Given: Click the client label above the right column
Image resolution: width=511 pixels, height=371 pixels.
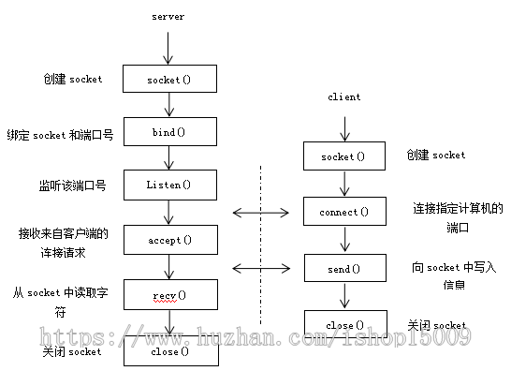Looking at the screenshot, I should click(344, 96).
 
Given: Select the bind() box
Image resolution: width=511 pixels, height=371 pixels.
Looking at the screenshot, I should click(169, 132).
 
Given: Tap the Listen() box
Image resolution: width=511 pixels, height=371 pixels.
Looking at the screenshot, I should click(169, 185).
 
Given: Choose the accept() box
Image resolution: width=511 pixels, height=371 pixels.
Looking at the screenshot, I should click(169, 240).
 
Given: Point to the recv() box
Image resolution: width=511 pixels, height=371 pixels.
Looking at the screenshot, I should click(169, 296).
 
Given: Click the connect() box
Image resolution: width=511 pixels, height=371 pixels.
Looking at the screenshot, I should click(344, 212).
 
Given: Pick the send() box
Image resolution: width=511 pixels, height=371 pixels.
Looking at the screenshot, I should click(344, 269).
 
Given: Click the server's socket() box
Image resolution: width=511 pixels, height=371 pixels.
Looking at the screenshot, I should click(169, 80).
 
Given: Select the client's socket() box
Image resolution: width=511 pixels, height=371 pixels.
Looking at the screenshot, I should click(344, 156).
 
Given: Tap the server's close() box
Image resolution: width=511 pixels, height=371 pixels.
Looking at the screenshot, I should click(169, 352).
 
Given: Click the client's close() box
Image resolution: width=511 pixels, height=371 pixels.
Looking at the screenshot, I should click(344, 325).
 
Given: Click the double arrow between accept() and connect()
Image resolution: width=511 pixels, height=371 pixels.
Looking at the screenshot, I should click(259, 213).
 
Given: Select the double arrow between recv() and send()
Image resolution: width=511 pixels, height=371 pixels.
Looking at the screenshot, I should click(259, 269).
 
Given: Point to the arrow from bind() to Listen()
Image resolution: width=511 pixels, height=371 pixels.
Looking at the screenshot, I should click(169, 158).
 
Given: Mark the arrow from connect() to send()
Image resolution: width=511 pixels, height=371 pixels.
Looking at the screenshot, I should click(344, 241).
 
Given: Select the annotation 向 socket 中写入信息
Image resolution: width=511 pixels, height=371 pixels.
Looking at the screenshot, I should click(454, 275).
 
